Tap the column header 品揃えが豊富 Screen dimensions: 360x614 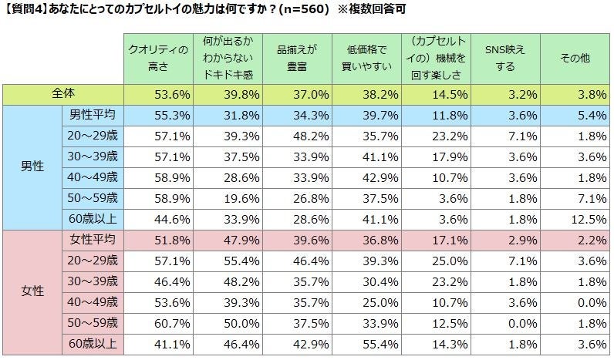298,57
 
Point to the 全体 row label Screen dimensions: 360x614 63,95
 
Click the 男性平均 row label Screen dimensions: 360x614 92,116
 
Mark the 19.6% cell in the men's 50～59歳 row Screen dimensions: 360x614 229,197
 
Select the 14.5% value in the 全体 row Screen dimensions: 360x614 437,95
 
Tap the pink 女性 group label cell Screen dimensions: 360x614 31,292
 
